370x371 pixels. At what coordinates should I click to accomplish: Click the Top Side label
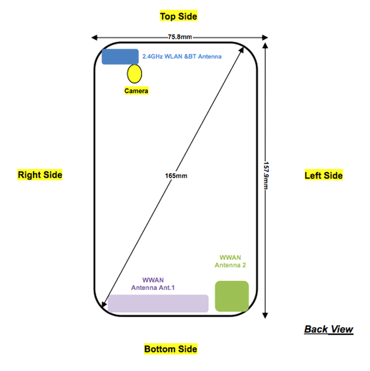coord(179,16)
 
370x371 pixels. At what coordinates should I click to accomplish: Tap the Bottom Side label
coord(171,349)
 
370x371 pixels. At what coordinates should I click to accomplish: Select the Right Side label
coord(40,175)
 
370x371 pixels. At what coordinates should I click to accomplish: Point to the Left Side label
coord(323,175)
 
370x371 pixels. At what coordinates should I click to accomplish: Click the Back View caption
coord(328,329)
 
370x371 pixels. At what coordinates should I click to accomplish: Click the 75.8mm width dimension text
coord(180,37)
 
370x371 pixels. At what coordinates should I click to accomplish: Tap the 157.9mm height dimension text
coord(266,175)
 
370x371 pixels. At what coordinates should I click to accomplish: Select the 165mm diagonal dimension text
coord(176,176)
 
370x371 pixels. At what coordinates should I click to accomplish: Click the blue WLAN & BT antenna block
coord(120,57)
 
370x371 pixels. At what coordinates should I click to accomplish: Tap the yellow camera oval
coord(135,74)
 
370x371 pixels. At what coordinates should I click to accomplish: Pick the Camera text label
coord(136,91)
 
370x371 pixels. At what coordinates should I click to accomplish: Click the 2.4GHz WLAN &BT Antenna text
coord(182,56)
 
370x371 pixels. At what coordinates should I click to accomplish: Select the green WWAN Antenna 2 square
coord(232,296)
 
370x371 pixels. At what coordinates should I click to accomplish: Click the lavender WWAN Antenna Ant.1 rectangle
coord(158,303)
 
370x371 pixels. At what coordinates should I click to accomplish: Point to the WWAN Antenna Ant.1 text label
coord(153,284)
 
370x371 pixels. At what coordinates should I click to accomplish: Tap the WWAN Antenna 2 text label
coord(230,261)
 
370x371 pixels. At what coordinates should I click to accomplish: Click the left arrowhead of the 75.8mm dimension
coord(94,38)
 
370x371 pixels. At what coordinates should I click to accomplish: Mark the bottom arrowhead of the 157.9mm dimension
coord(265,315)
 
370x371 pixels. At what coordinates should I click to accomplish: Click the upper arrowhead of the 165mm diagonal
coord(242,49)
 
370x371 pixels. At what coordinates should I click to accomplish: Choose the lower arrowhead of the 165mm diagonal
coord(103,305)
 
